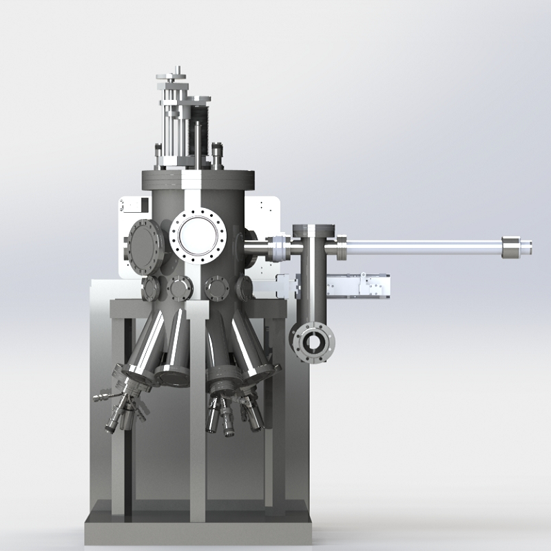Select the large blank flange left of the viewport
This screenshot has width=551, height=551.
145,247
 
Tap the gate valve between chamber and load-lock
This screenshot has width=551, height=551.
277,248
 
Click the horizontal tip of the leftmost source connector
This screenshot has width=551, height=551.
101,397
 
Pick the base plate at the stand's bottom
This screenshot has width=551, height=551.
196,531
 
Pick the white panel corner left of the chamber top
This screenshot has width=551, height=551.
131,205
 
